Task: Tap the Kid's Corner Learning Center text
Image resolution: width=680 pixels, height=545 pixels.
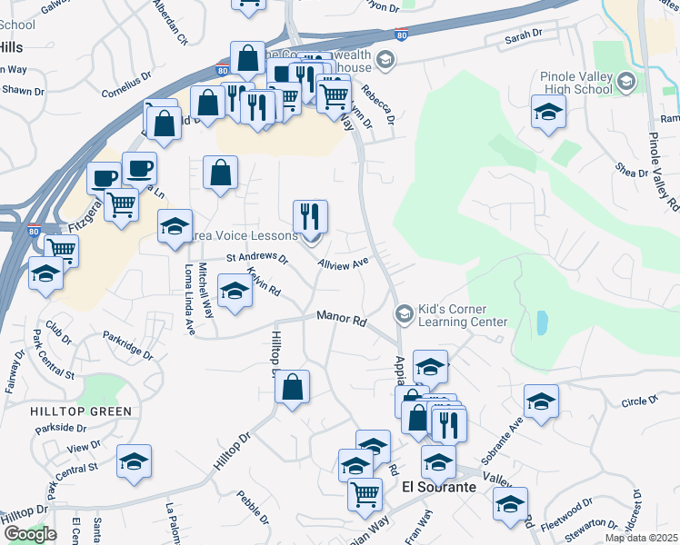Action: click(x=462, y=315)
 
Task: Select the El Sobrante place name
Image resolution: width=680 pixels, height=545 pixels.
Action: click(x=439, y=488)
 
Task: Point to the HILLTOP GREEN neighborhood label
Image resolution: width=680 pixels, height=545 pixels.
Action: click(x=81, y=411)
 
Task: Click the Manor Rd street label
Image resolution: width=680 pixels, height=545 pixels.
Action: click(x=341, y=318)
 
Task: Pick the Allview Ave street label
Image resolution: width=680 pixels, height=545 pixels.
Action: click(x=343, y=263)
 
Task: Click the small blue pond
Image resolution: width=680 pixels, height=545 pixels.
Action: click(x=542, y=322)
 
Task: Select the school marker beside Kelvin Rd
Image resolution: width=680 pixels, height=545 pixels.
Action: click(x=235, y=291)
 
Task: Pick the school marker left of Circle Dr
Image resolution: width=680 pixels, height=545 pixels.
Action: click(x=541, y=401)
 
